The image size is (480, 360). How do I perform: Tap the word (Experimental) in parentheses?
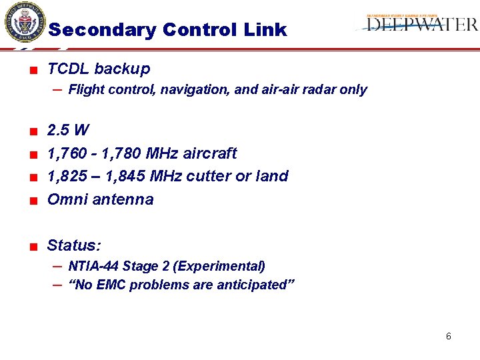click(219, 266)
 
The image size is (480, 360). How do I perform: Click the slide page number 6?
click(448, 336)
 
